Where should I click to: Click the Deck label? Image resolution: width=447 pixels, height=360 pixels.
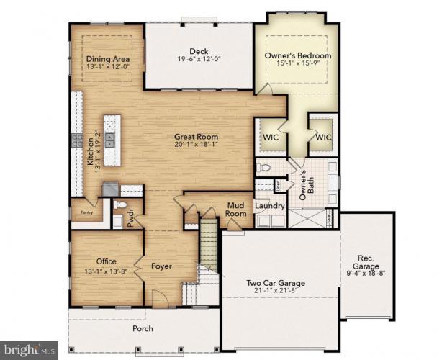tap(199, 51)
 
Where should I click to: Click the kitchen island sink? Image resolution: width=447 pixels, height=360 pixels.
tap(109, 138)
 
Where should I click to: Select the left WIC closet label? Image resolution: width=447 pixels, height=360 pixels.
tap(271, 135)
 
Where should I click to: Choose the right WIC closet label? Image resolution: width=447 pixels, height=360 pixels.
tap(321, 135)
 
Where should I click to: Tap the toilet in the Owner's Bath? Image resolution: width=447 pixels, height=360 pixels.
tap(264, 168)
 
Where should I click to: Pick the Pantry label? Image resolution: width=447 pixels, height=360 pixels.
tap(86, 212)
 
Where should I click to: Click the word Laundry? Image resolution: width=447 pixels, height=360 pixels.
tap(271, 207)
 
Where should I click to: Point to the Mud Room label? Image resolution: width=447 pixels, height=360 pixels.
tap(235, 209)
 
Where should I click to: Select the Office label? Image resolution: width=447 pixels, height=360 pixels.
tap(106, 261)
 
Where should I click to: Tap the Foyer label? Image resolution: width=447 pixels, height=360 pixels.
tap(161, 266)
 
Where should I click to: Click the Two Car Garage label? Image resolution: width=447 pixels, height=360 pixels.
tap(276, 283)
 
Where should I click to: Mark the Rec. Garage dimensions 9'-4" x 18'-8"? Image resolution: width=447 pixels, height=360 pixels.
tap(366, 272)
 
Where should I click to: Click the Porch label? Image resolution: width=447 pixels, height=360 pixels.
tap(143, 328)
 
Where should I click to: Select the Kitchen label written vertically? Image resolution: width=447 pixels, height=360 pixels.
tap(91, 153)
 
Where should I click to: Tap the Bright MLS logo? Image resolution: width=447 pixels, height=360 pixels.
tap(30, 350)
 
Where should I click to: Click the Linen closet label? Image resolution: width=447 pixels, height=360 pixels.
tap(278, 186)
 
